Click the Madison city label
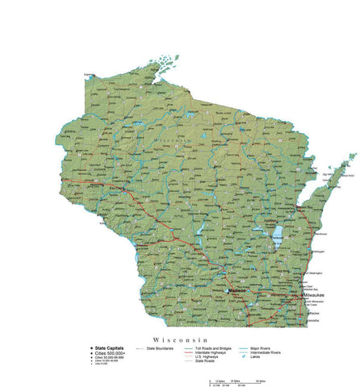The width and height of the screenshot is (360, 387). click(x=237, y=290)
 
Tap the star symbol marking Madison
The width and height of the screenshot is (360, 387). click(x=225, y=290)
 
